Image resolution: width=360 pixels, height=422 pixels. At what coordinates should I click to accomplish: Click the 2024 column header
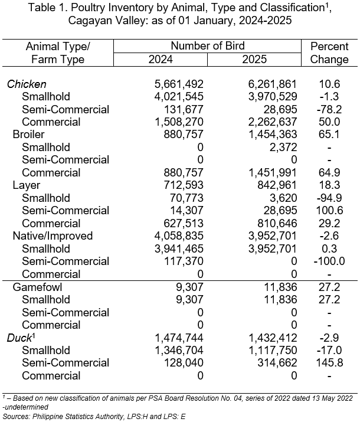161,60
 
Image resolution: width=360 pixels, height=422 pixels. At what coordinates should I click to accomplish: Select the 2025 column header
254,60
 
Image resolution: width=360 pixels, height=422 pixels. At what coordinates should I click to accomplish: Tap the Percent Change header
329,53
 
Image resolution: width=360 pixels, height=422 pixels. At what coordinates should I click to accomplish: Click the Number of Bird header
208,46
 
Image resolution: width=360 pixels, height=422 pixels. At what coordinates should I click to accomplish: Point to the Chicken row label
27,84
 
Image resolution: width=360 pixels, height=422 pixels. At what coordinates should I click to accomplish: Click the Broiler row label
28,135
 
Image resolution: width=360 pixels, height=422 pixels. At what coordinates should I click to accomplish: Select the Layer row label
27,185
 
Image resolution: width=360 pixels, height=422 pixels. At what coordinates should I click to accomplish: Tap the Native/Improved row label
53,236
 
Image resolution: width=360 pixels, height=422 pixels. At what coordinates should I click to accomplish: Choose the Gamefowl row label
37,287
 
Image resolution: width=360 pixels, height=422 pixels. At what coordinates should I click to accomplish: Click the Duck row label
19,338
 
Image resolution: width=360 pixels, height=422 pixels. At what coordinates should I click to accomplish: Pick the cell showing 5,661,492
179,84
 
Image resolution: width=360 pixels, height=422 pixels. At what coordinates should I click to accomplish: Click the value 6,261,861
272,84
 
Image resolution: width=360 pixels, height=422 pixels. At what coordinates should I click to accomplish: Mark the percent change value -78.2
329,110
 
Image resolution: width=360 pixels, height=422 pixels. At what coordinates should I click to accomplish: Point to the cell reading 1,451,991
272,173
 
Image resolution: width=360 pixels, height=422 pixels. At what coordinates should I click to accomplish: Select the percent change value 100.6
329,211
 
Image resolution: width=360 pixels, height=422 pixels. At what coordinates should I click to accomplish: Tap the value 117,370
183,261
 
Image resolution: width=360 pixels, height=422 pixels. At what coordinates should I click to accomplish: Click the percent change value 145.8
329,363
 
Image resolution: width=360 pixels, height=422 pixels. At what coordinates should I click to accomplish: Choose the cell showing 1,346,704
179,351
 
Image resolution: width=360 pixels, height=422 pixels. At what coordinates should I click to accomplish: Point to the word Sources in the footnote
16,416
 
